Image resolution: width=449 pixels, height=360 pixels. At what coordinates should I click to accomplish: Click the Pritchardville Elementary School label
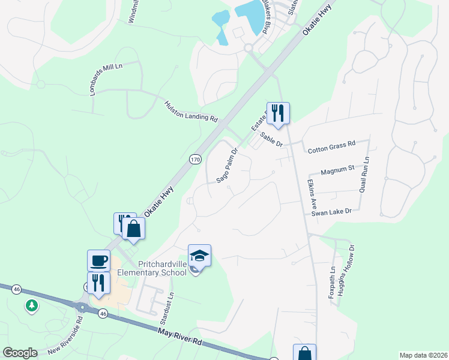(x=152, y=268)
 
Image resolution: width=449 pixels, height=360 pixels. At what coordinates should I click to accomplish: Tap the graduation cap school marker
(x=199, y=256)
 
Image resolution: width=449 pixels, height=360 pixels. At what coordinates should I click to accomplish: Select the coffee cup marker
(x=99, y=261)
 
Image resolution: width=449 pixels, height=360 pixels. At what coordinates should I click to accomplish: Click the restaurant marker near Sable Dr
(x=278, y=113)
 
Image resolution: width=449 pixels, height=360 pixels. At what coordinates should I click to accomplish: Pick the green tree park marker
(x=32, y=306)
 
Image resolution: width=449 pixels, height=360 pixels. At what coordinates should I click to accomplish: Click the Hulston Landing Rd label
(x=191, y=112)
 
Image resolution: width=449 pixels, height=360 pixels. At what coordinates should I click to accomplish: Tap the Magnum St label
(x=339, y=171)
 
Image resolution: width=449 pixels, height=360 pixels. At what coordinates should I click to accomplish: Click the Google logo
(x=20, y=353)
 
